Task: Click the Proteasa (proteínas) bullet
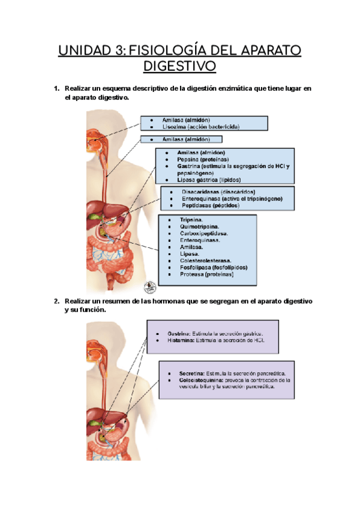[x=206, y=274]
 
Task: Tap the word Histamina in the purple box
[x=180, y=340]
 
